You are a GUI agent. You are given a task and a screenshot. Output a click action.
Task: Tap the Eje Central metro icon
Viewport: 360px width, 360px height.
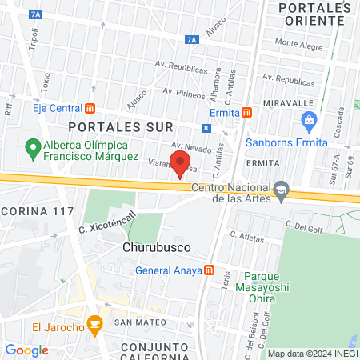click(x=90, y=108)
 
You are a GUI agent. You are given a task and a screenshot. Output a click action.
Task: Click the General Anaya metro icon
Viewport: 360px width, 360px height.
click(x=210, y=270)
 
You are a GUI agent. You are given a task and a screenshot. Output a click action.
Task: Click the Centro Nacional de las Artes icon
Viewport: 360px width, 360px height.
click(x=281, y=190)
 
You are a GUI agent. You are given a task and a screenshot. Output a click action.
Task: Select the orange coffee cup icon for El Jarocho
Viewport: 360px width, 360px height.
click(x=95, y=326)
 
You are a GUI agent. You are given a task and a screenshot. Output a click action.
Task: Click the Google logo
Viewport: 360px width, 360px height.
click(x=26, y=350)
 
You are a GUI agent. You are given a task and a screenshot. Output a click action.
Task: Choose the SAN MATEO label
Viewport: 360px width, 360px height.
click(x=141, y=322)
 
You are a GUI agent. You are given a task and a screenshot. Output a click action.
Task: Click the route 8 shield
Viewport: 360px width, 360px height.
click(x=206, y=127)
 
